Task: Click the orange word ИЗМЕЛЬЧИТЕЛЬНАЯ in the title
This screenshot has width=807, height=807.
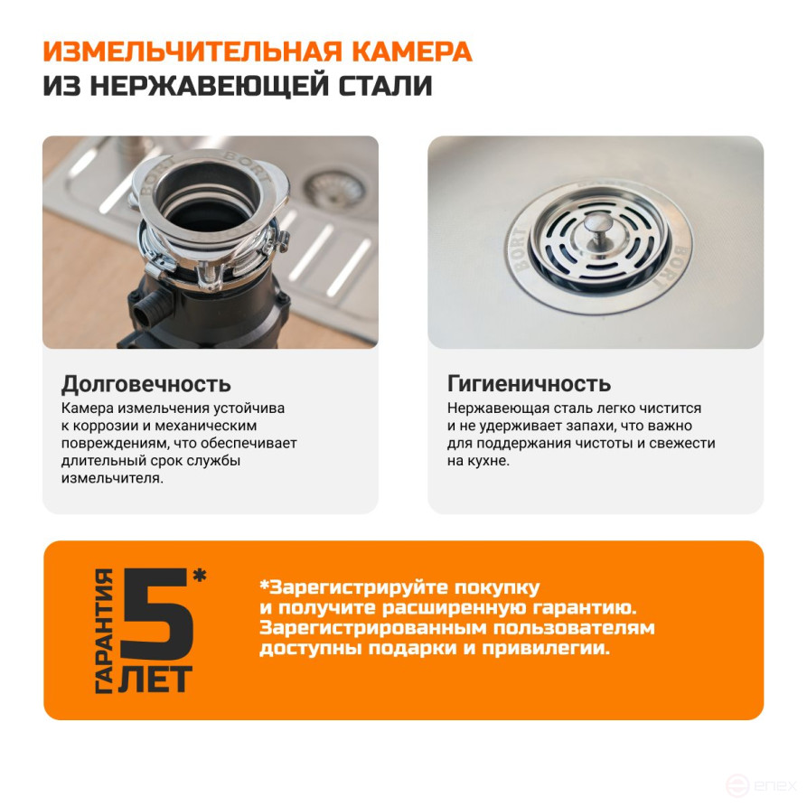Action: (x=192, y=52)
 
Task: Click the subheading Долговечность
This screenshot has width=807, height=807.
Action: (x=146, y=384)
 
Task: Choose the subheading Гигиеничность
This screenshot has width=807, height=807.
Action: (x=529, y=383)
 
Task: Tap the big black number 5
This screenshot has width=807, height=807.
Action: (x=157, y=614)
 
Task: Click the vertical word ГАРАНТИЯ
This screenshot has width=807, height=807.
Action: (x=105, y=631)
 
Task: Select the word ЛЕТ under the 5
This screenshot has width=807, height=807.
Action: (x=155, y=680)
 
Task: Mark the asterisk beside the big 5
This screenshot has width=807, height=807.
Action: (x=200, y=576)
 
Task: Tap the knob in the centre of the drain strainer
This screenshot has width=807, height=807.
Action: (x=597, y=225)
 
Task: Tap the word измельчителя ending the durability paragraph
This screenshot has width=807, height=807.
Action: (x=112, y=479)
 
